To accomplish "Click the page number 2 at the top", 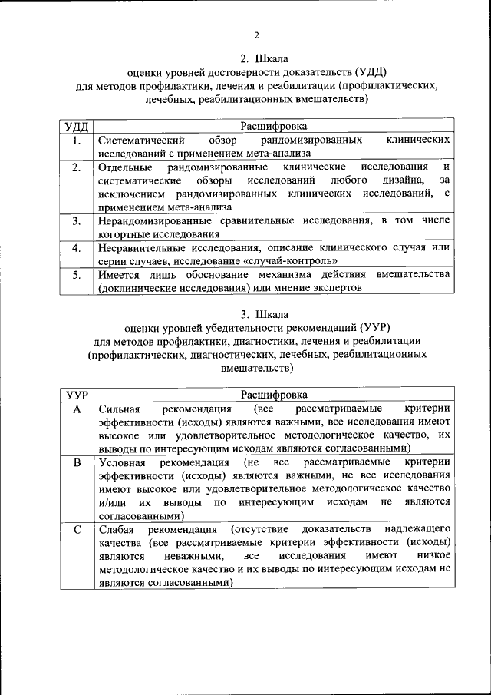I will tap(257, 35).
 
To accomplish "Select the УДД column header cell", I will tap(76, 125).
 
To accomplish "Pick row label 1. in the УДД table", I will tap(76, 141).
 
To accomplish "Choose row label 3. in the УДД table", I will tap(76, 221).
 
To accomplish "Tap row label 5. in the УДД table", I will tap(76, 274).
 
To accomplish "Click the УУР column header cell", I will tap(76, 395).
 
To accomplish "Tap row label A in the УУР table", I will tap(76, 409).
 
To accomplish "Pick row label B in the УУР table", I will tap(76, 463).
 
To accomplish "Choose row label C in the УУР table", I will tap(76, 530).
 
